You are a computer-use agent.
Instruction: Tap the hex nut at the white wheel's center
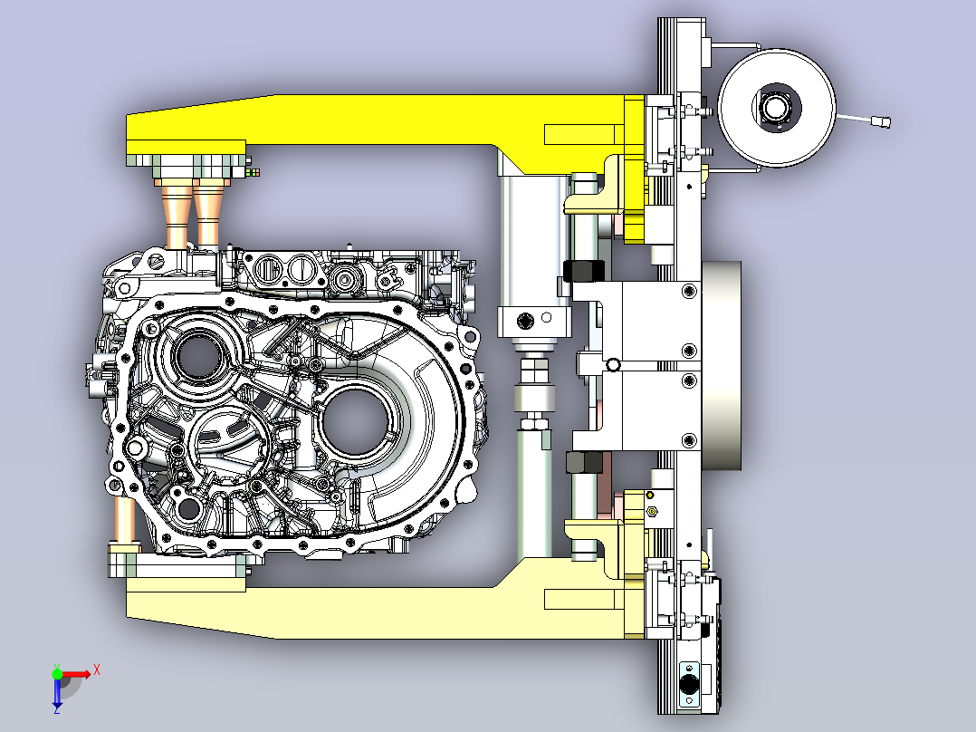click(x=776, y=108)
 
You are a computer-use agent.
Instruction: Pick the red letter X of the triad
click(x=97, y=670)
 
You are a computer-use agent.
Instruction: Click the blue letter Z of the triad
click(x=57, y=709)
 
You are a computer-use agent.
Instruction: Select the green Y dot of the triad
click(x=57, y=673)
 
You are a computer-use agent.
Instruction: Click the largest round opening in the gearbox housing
click(x=356, y=419)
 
